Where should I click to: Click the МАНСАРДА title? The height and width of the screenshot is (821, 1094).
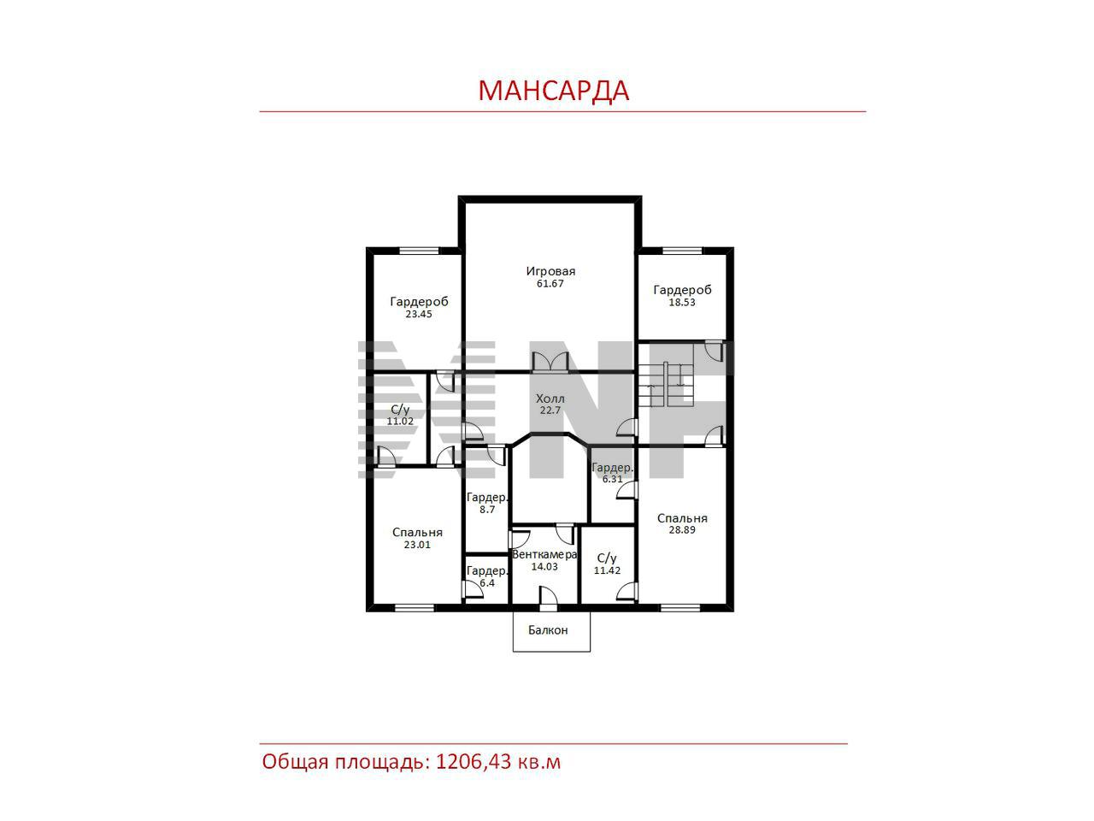[x=553, y=91]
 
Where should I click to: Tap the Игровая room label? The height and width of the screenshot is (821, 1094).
[x=550, y=271]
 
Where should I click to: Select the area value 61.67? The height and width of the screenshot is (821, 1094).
[x=550, y=284]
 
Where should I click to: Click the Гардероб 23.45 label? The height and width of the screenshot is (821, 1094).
[x=419, y=308]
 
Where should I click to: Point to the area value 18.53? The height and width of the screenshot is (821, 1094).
[x=681, y=302]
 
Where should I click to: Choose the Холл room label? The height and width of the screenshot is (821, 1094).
[x=550, y=399]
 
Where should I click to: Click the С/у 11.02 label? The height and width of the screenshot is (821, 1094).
[x=400, y=416]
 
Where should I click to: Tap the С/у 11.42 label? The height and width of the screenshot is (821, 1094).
[x=607, y=564]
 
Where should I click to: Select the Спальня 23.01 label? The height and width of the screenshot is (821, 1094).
[x=417, y=539]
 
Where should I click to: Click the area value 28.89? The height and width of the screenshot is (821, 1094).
[x=681, y=530]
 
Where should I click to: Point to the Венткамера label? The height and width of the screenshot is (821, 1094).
[x=544, y=555]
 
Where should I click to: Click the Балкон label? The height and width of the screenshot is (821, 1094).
[x=548, y=630]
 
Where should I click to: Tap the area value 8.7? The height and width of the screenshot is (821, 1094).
[x=487, y=510]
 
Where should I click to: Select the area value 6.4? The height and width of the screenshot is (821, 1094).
[x=487, y=583]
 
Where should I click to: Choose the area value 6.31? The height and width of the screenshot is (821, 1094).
[x=612, y=479]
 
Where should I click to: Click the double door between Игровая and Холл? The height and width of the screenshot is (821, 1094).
[x=550, y=362]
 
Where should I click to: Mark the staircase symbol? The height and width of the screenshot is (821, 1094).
[x=667, y=384]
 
